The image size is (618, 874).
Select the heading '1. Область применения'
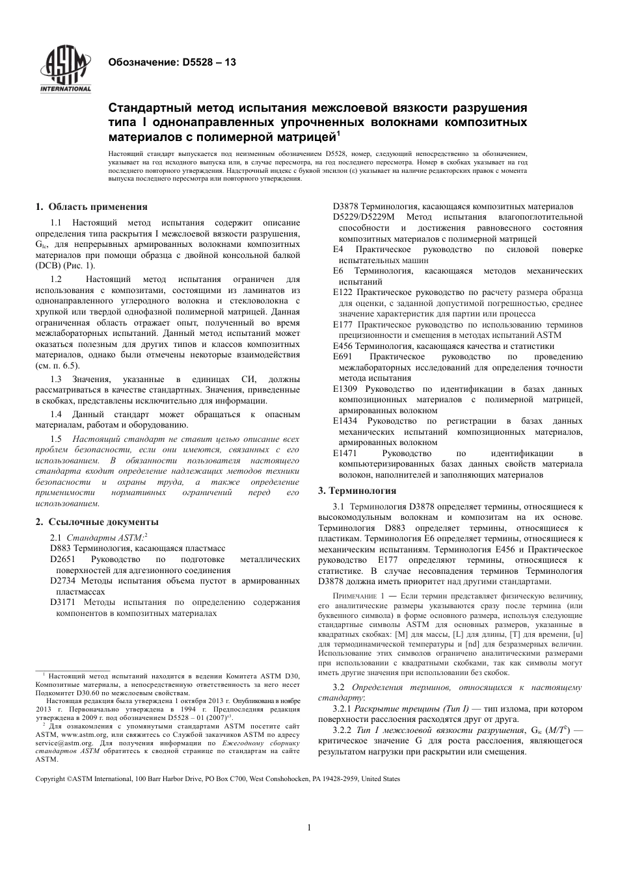pos(92,207)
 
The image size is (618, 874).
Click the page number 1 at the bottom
pos(309,828)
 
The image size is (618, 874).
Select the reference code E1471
pos(345,454)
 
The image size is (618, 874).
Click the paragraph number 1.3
pos(55,379)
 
